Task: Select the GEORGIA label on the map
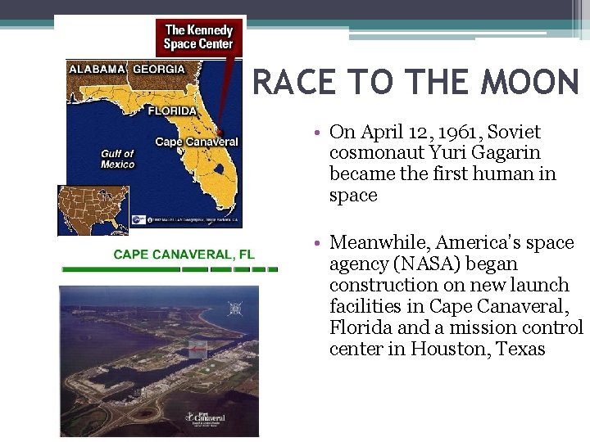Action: (x=159, y=70)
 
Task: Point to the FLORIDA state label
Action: (x=172, y=110)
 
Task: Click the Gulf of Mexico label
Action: (x=117, y=159)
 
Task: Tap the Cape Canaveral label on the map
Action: (x=196, y=142)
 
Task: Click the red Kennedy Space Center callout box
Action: (x=198, y=38)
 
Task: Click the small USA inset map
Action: (x=93, y=210)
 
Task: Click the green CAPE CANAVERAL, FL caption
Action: (x=184, y=255)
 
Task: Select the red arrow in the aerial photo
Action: (x=196, y=350)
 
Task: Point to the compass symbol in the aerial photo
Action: (x=236, y=309)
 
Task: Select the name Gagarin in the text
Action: (x=506, y=153)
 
